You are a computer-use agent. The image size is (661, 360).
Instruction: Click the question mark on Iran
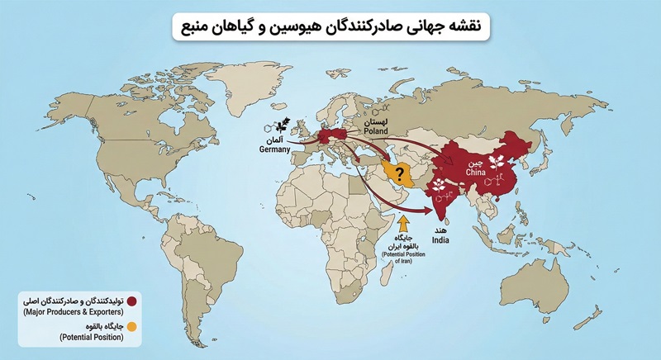pos(399,173)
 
